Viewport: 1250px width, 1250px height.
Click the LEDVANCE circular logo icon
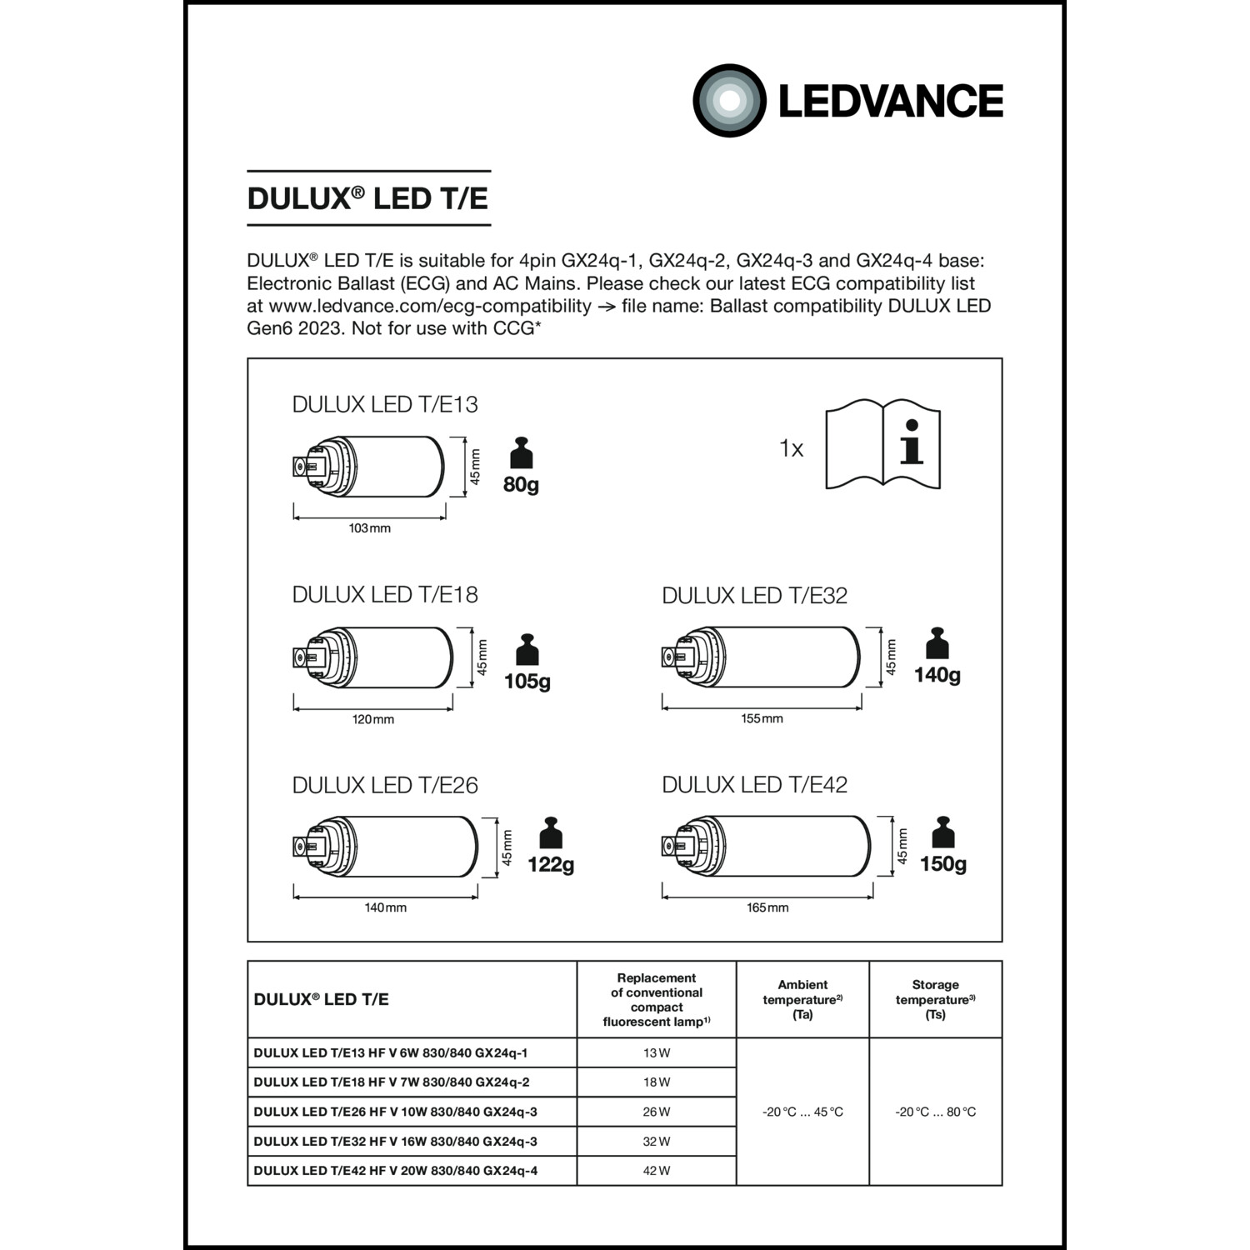point(729,101)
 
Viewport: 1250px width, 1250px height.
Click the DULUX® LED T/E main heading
point(367,198)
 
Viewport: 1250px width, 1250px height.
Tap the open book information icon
point(882,445)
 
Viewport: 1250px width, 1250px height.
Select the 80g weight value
point(521,484)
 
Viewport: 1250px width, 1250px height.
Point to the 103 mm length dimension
point(369,528)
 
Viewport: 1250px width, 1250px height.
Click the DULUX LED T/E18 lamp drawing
point(372,657)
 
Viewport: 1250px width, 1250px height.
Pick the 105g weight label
point(527,682)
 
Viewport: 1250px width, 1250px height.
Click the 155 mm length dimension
point(762,718)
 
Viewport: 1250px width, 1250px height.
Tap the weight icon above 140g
point(937,643)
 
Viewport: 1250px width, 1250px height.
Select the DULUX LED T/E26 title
point(385,785)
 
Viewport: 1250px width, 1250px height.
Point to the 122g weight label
point(551,865)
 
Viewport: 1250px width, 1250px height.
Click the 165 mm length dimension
point(767,907)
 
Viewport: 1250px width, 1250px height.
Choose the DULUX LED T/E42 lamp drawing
point(766,847)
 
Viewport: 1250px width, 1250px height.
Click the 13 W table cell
point(657,1052)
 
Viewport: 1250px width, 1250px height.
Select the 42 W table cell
point(657,1171)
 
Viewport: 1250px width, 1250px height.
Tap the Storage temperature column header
point(935,999)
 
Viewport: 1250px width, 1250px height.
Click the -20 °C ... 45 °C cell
point(802,1112)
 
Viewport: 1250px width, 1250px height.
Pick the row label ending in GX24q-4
point(396,1171)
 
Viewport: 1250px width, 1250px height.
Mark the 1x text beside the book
point(791,449)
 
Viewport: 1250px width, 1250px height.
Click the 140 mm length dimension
point(385,907)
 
